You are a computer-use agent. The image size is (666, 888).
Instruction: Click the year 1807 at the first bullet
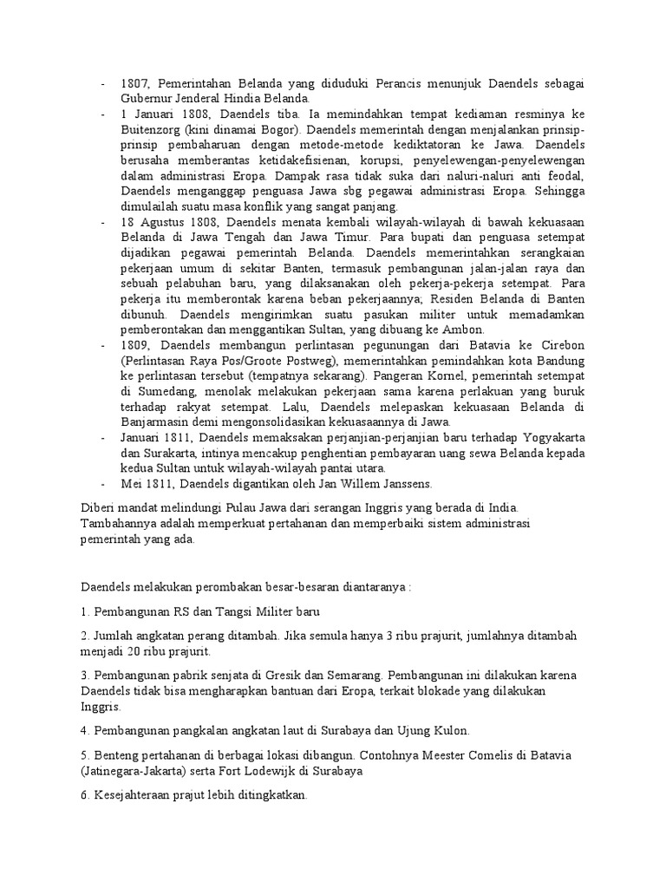[134, 83]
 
